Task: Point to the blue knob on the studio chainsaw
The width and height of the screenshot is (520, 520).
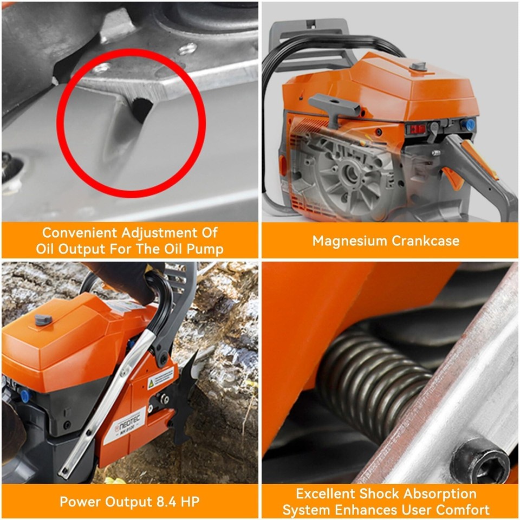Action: [x=470, y=125]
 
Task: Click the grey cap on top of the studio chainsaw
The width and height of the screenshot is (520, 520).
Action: [x=418, y=66]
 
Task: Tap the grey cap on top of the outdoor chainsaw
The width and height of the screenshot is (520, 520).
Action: [x=44, y=319]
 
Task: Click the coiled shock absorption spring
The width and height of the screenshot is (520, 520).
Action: [x=374, y=379]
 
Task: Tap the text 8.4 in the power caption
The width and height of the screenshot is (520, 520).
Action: [x=162, y=502]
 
